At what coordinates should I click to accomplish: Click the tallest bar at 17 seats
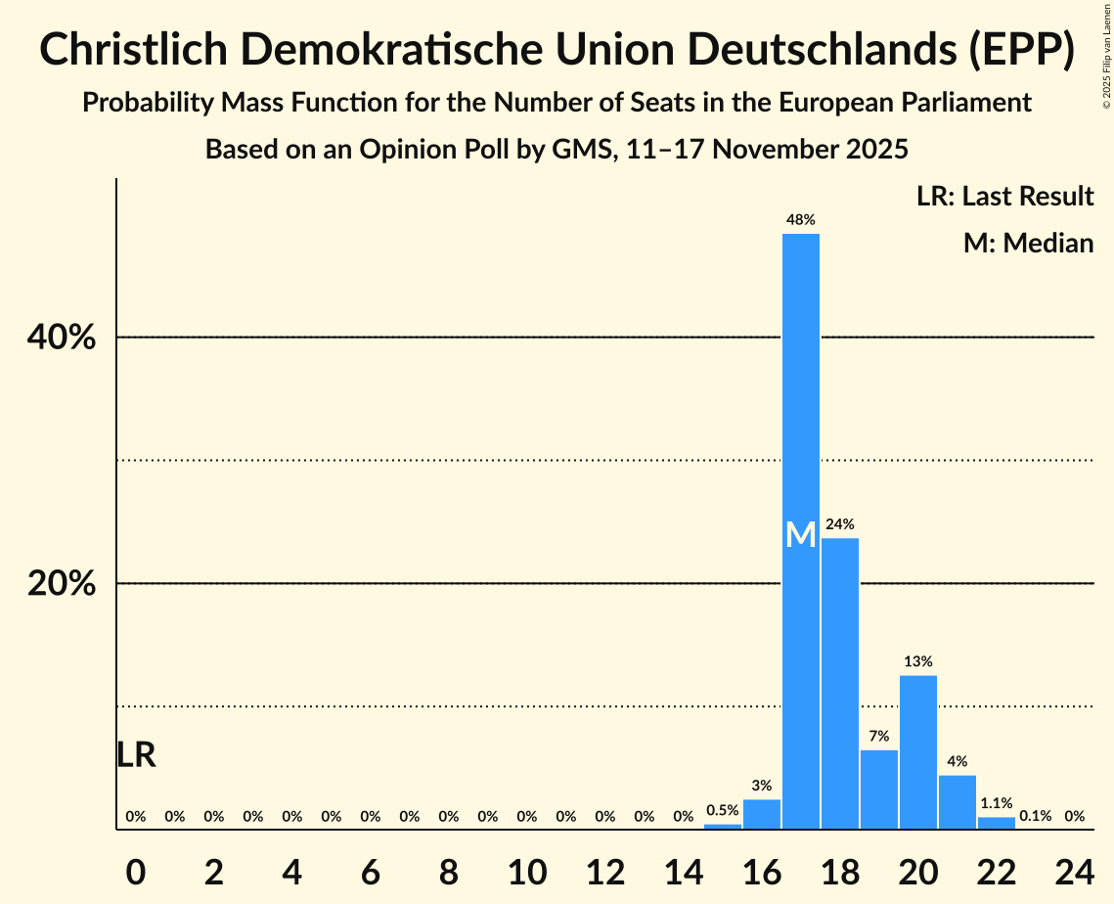[801, 391]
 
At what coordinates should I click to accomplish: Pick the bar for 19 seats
[879, 789]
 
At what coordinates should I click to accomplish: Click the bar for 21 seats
[958, 801]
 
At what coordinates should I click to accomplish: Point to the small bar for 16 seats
[762, 814]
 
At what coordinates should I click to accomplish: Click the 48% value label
[801, 221]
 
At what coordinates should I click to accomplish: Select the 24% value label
[840, 524]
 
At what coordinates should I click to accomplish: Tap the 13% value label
[918, 662]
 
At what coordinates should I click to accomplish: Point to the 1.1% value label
[997, 803]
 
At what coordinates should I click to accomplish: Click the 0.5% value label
[723, 811]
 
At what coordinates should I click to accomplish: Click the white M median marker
[801, 534]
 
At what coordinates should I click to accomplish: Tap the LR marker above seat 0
[136, 755]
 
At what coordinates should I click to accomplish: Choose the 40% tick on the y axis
[61, 338]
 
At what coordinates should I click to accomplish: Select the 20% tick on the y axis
[61, 584]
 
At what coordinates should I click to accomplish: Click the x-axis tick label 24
[1075, 869]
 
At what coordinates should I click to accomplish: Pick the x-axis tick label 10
[527, 869]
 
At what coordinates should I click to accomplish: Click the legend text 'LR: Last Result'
[1005, 197]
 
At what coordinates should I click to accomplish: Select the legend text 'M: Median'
[1028, 243]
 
